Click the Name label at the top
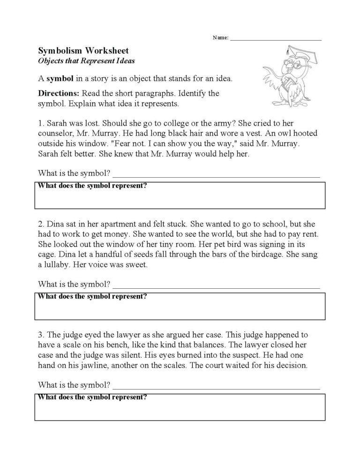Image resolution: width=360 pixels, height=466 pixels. (x=220, y=38)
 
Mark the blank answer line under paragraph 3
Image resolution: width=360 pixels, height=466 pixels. (x=216, y=388)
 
